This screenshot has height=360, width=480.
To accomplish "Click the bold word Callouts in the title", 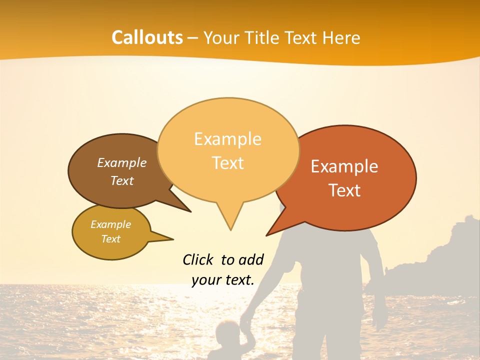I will pyautogui.click(x=147, y=38).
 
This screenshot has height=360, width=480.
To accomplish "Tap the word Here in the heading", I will pyautogui.click(x=341, y=38).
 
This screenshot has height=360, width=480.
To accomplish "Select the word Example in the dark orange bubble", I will pyautogui.click(x=344, y=166).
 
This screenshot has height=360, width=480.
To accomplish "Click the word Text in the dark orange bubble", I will pyautogui.click(x=344, y=190).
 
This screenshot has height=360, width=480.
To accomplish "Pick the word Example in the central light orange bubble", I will pyautogui.click(x=227, y=139).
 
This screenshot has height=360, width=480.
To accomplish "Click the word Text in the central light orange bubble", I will pyautogui.click(x=227, y=163).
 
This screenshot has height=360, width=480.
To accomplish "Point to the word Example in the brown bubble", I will pyautogui.click(x=122, y=162).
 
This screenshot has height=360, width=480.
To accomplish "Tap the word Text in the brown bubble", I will pyautogui.click(x=122, y=180).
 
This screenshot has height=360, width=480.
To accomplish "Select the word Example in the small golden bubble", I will pyautogui.click(x=111, y=224).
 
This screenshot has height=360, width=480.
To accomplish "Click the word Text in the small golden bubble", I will pyautogui.click(x=111, y=239).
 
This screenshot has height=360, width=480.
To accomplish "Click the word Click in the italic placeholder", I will pyautogui.click(x=198, y=259).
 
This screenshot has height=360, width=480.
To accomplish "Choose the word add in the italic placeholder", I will pyautogui.click(x=250, y=259).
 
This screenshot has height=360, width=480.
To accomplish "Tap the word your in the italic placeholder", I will pyautogui.click(x=206, y=280).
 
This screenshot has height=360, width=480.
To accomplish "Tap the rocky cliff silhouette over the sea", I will pyautogui.click(x=440, y=260).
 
